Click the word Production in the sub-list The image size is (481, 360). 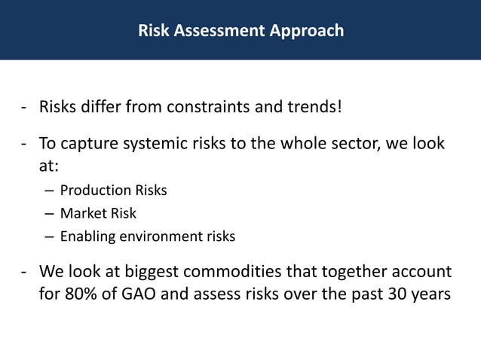click(x=90, y=191)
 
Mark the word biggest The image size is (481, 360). click(x=142, y=272)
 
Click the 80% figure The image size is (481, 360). click(x=81, y=294)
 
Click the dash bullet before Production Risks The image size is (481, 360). click(x=49, y=191)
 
